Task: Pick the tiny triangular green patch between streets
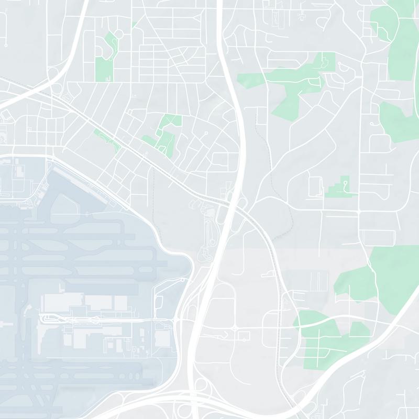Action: tap(135, 24)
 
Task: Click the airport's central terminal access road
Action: tap(105, 318)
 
